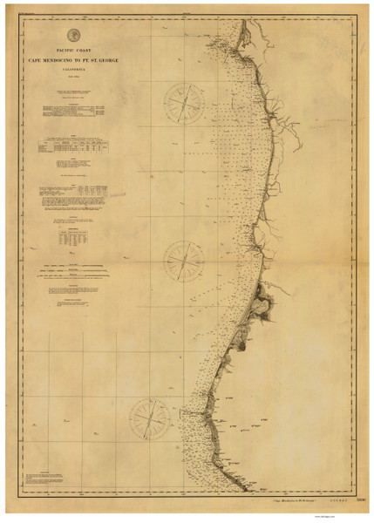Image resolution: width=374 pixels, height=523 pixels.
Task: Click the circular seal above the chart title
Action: click(x=73, y=35)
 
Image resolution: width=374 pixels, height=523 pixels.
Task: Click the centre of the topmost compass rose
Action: click(x=184, y=102)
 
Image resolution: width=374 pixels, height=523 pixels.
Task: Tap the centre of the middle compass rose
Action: click(x=184, y=260)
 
